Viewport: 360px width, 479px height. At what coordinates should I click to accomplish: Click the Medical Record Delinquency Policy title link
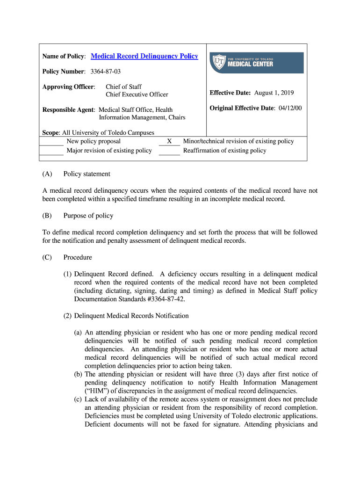point(144,56)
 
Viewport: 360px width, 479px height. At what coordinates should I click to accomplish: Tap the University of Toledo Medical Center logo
point(256,63)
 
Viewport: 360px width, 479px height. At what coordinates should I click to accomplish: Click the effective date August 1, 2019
point(274,93)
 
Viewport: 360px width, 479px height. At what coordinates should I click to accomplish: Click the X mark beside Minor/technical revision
point(169,141)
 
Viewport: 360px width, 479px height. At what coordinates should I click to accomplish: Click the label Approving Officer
point(69,87)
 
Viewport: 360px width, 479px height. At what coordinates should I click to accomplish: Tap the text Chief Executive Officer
point(137,94)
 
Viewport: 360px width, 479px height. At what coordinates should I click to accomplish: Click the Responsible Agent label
point(69,110)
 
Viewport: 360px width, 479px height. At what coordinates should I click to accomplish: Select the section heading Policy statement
point(86,174)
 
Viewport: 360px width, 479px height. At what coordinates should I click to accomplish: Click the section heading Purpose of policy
point(88,216)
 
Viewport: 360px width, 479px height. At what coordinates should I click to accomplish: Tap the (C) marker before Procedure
point(47,257)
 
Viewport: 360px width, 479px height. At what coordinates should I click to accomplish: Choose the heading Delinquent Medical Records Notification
point(131,316)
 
